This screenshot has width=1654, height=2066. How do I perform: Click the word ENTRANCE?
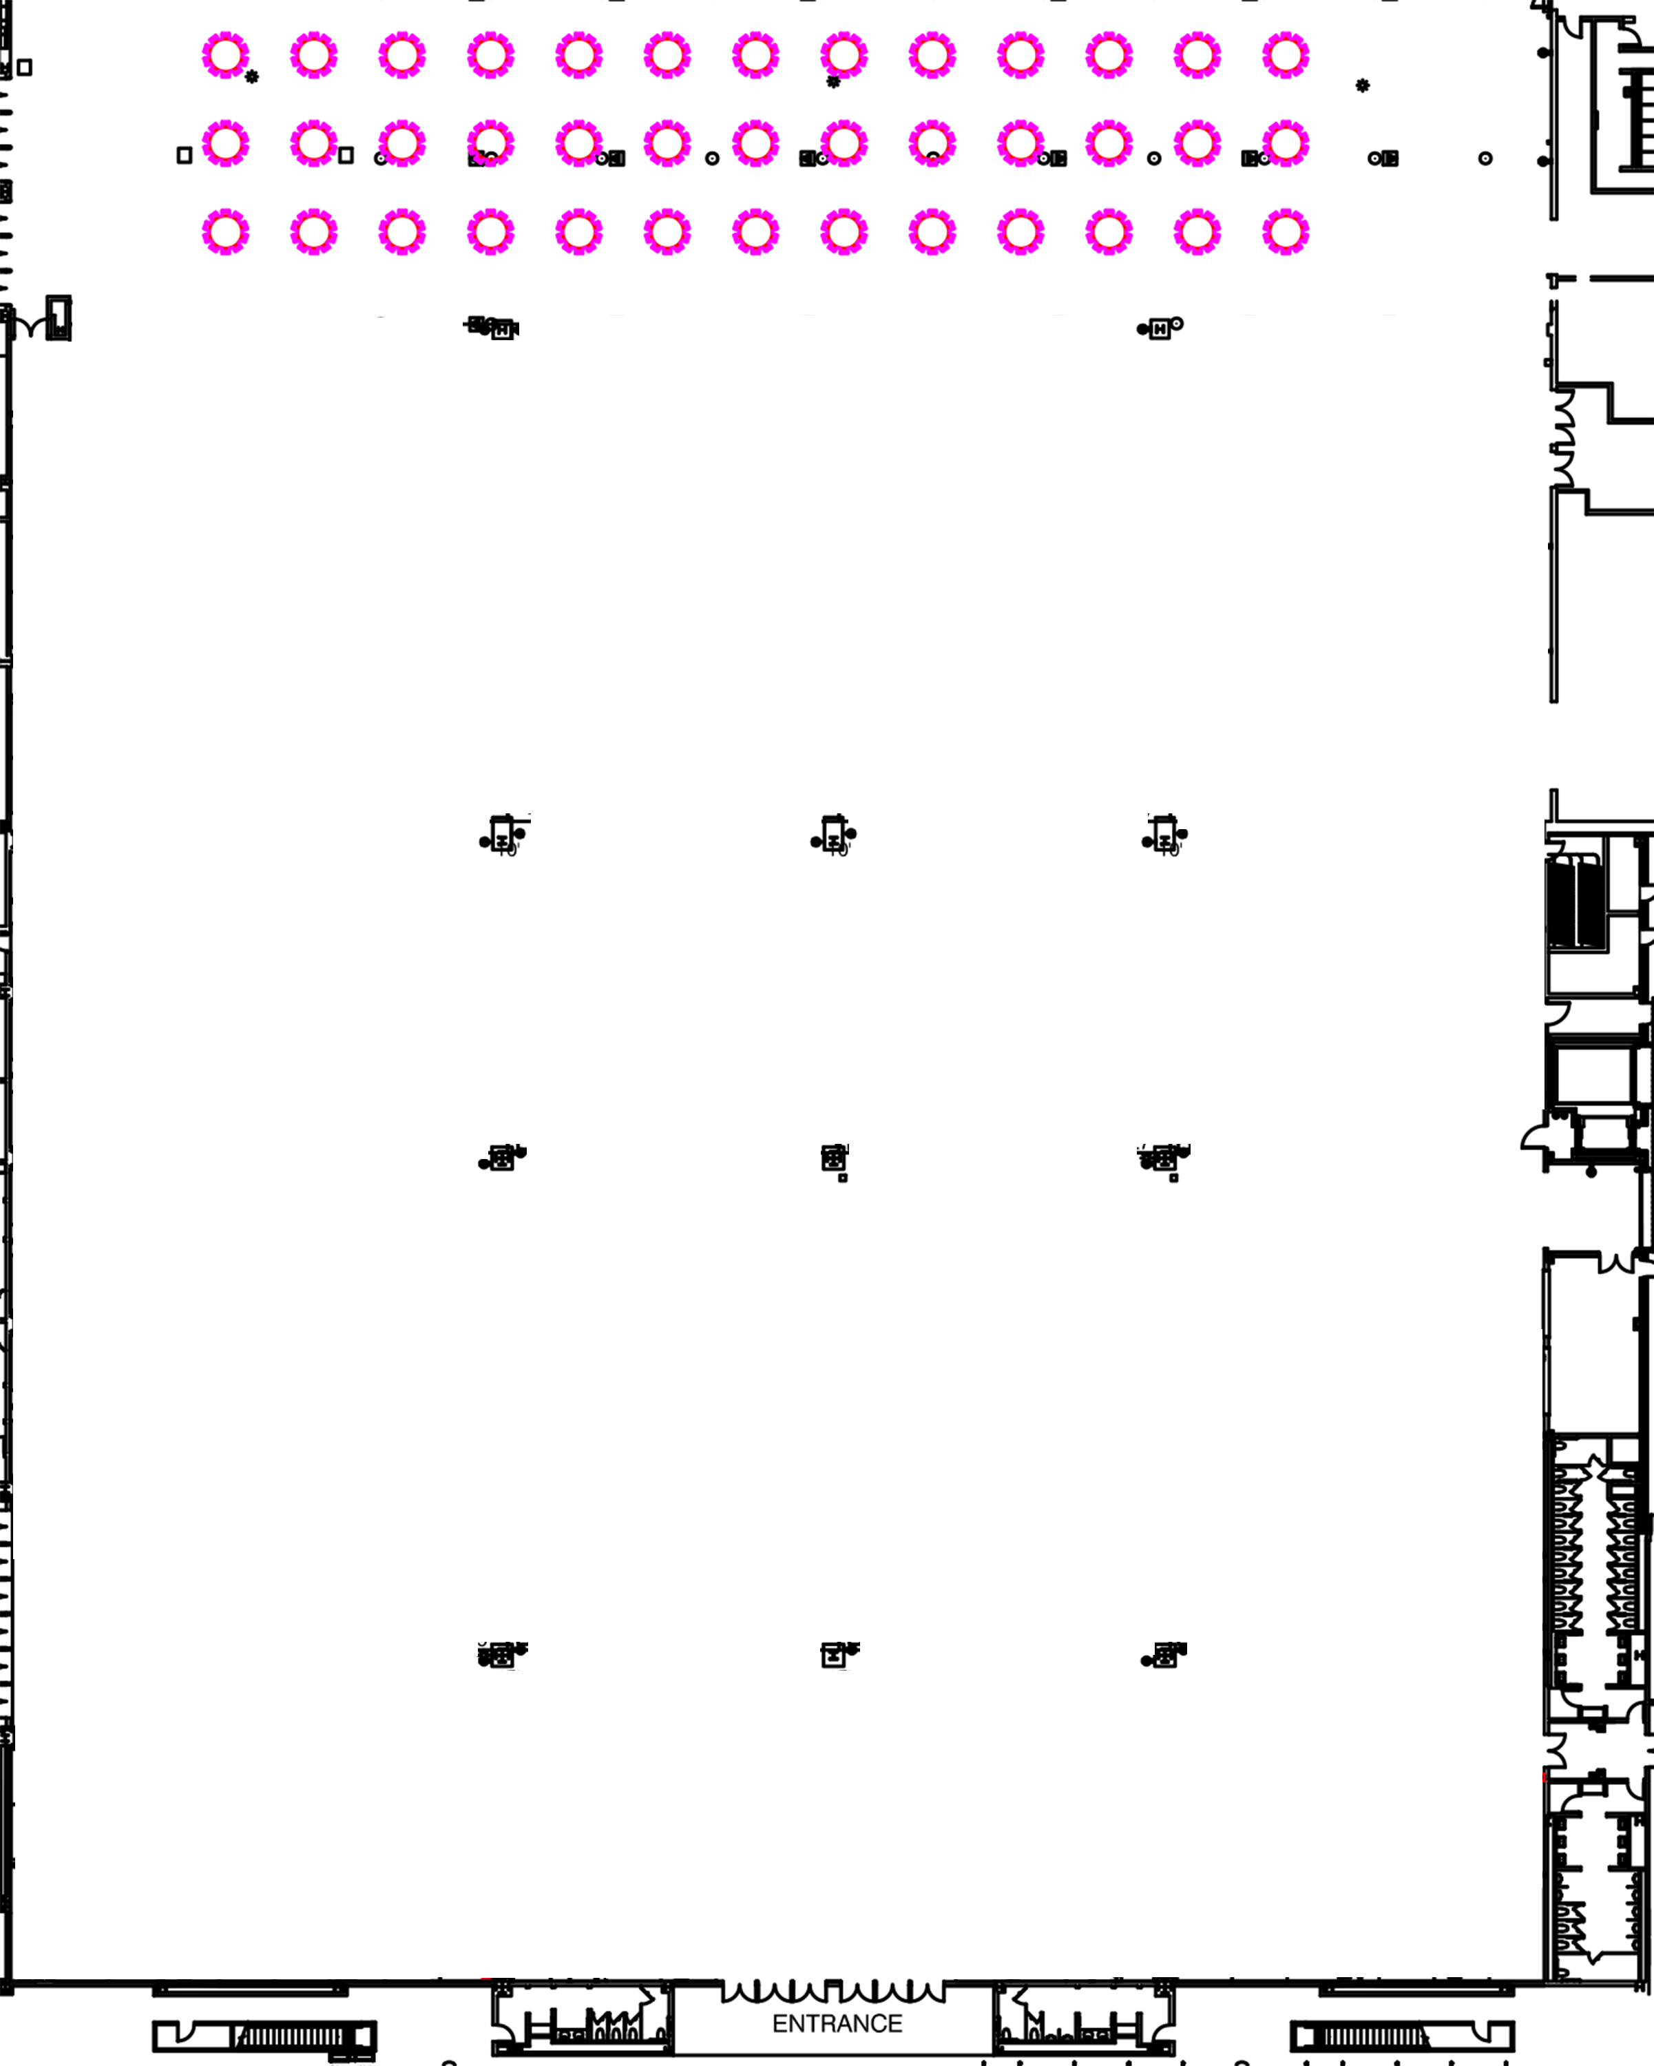tap(837, 2023)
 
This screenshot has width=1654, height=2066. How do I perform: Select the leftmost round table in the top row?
tap(225, 56)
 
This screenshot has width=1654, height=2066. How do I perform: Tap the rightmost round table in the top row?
tap(1285, 56)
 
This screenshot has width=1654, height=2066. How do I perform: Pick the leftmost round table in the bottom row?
tap(225, 232)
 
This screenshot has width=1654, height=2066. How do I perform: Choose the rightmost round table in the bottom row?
tap(1285, 232)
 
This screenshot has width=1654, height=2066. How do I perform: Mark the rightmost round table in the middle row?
tap(1285, 144)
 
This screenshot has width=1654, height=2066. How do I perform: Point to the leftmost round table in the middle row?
tap(225, 144)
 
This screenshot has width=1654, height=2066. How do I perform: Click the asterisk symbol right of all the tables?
tap(1363, 86)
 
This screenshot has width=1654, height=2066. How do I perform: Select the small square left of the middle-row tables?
tap(184, 155)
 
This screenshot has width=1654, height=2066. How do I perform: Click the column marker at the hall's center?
tap(834, 1158)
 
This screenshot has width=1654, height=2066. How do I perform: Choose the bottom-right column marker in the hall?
tap(1164, 1655)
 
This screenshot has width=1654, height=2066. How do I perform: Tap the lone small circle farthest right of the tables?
tap(1485, 159)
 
